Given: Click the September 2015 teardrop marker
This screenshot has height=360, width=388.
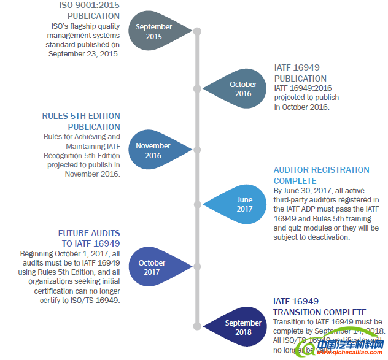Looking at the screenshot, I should tap(154, 31).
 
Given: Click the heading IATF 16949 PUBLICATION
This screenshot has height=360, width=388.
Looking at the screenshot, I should tap(300, 73).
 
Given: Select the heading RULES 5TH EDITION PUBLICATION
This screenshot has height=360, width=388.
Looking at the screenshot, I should tap(81, 121).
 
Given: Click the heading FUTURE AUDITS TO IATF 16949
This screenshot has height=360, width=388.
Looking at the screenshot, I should tap(89, 239).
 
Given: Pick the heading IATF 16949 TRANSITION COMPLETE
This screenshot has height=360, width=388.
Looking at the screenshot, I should tap(319, 307).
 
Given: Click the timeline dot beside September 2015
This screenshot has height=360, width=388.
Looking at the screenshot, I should tap(197, 31).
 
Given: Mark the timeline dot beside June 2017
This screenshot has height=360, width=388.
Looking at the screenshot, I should tap(197, 204).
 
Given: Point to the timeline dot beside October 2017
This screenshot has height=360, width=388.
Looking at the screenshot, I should tap(197, 267).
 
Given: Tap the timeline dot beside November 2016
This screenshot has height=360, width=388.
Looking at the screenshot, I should tap(197, 150).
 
